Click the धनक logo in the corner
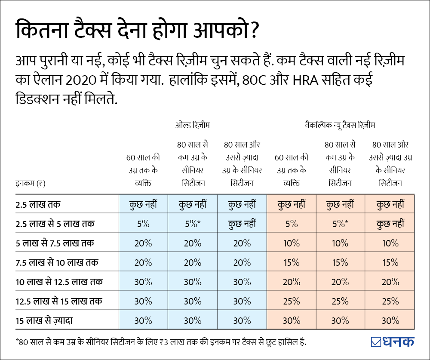pyautogui.click(x=392, y=342)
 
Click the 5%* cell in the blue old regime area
pyautogui.click(x=192, y=224)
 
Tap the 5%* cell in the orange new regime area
pyautogui.click(x=340, y=224)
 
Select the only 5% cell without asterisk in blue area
pyautogui.click(x=143, y=224)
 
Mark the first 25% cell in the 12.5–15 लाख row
pyautogui.click(x=292, y=301)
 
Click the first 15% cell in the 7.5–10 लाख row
pyautogui.click(x=292, y=262)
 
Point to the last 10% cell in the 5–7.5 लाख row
pyautogui.click(x=390, y=243)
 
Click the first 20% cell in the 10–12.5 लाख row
pyautogui.click(x=292, y=282)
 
